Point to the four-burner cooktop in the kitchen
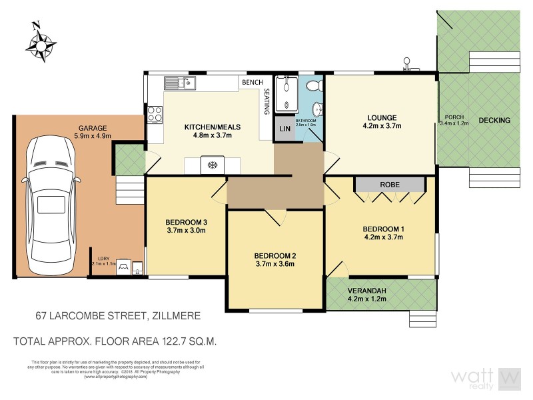(155, 115)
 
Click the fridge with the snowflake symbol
(213, 165)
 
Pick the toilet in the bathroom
(314, 85)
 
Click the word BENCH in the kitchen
(252, 82)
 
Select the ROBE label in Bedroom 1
(389, 185)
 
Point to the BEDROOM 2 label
(274, 255)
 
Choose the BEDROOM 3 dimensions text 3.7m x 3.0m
(187, 231)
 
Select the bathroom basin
(318, 109)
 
